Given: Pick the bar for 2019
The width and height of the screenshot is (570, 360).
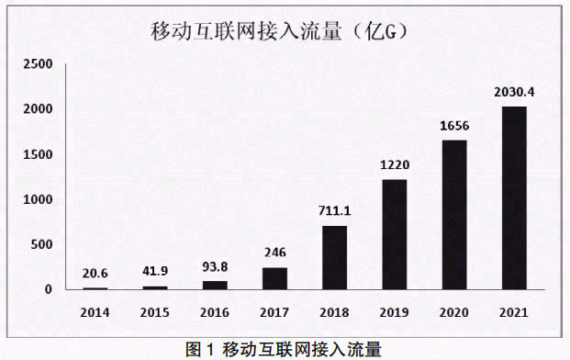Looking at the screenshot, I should (394, 234).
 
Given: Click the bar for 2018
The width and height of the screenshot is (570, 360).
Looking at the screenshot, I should (334, 257).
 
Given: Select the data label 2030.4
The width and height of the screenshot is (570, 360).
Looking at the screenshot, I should (514, 92).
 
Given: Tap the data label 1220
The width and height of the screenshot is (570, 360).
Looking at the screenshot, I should (394, 165).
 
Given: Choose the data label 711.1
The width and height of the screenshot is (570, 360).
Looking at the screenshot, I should (334, 211).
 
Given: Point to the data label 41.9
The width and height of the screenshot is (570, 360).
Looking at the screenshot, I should (154, 272).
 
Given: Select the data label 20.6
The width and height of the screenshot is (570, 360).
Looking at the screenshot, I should (95, 274).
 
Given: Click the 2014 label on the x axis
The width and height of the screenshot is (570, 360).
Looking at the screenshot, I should (95, 311).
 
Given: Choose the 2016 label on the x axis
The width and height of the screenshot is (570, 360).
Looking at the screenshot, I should (215, 311).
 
